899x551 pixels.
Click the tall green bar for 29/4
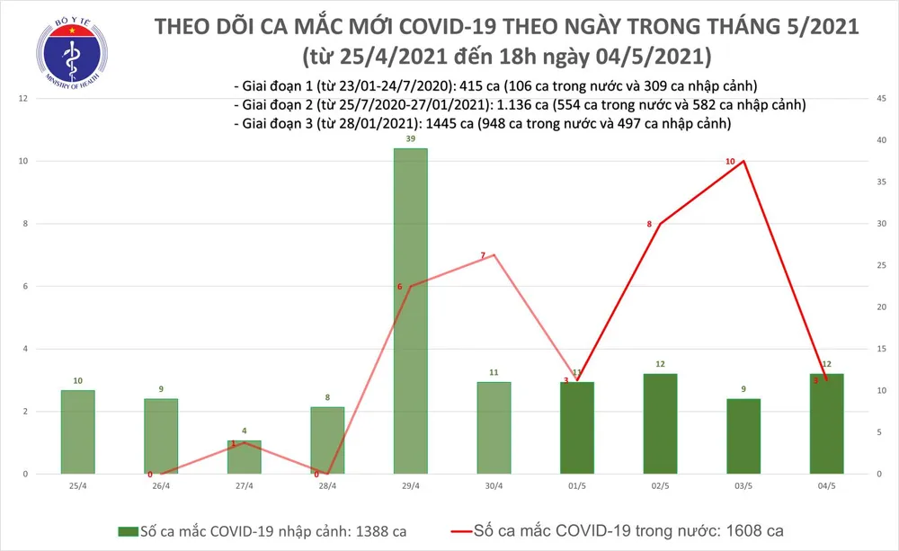[411, 310]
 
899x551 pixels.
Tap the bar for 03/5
[743, 436]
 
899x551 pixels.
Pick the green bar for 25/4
[78, 431]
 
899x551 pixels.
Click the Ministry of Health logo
[65, 51]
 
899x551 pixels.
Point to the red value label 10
[730, 161]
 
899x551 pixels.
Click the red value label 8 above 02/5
[649, 223]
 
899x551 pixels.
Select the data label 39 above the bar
[411, 139]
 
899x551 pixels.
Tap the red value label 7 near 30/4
[483, 256]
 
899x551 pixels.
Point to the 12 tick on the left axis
[25, 98]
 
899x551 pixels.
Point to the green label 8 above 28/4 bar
[327, 396]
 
